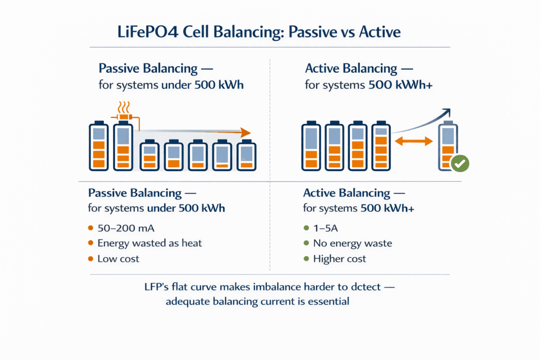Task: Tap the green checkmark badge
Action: pos(460,163)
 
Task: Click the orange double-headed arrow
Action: pos(414,140)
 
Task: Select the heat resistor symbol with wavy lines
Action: pos(124,115)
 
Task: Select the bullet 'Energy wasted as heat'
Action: pos(149,243)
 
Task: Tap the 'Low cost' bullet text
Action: pos(118,259)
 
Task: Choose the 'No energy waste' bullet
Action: pos(352,243)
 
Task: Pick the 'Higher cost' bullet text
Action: pos(339,259)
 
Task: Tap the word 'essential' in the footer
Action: pos(329,301)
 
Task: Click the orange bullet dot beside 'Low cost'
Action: pos(90,259)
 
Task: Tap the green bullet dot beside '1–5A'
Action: pos(306,228)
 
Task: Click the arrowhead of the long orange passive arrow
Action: pos(245,133)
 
